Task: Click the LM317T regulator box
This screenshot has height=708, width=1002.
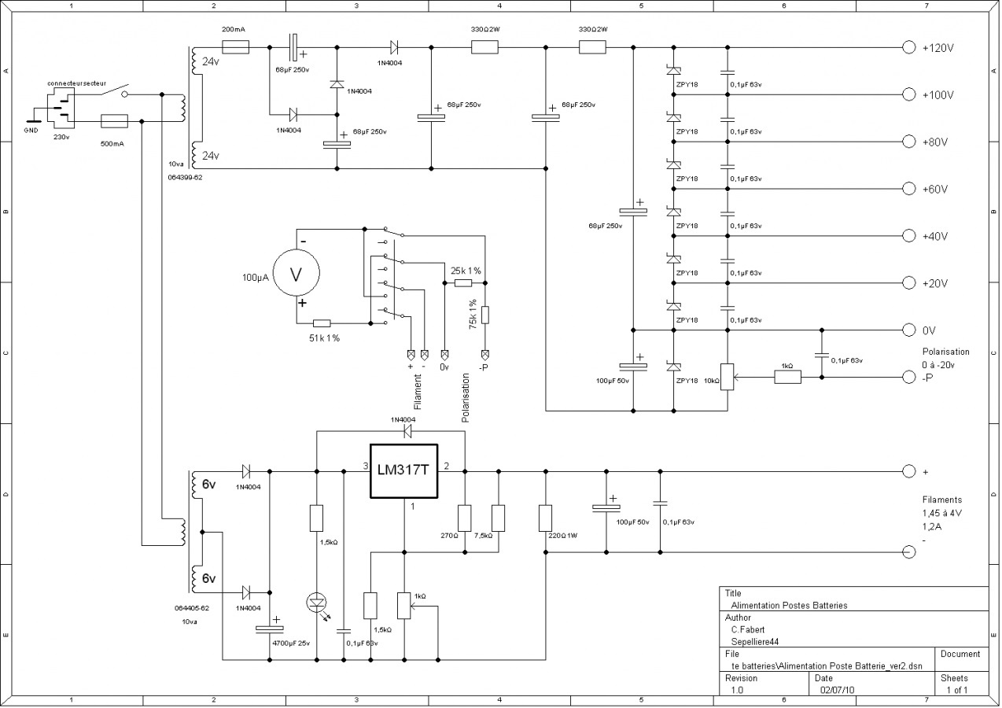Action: pyautogui.click(x=404, y=471)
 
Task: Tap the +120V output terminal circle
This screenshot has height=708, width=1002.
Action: pyautogui.click(x=908, y=47)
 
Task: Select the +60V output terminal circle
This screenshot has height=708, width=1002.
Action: pyautogui.click(x=908, y=189)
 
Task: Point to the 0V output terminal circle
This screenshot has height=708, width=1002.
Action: pyautogui.click(x=908, y=330)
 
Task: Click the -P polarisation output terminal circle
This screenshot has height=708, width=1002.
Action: pyautogui.click(x=908, y=378)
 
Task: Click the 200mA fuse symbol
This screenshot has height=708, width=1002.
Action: pyautogui.click(x=236, y=47)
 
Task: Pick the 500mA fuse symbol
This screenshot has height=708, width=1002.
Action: pyautogui.click(x=115, y=121)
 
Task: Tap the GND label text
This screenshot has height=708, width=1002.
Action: pyautogui.click(x=31, y=131)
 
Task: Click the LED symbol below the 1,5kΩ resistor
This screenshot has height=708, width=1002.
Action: pyautogui.click(x=317, y=603)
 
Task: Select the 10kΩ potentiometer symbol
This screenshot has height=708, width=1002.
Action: pyautogui.click(x=728, y=378)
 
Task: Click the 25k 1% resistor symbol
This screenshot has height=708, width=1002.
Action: pyautogui.click(x=463, y=283)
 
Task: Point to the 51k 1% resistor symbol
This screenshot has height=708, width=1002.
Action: pyautogui.click(x=322, y=323)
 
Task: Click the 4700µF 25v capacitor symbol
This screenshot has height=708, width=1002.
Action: pyautogui.click(x=269, y=629)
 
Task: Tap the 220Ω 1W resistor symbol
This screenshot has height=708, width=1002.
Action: pyautogui.click(x=545, y=518)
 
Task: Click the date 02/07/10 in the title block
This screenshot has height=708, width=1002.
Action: pyautogui.click(x=837, y=690)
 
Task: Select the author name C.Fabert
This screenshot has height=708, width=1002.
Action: pyautogui.click(x=747, y=629)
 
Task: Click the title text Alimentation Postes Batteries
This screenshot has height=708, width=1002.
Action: pyautogui.click(x=789, y=606)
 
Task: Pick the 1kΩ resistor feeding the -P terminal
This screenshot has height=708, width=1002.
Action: pyautogui.click(x=788, y=378)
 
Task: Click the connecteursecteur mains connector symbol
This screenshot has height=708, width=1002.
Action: pyautogui.click(x=61, y=109)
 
